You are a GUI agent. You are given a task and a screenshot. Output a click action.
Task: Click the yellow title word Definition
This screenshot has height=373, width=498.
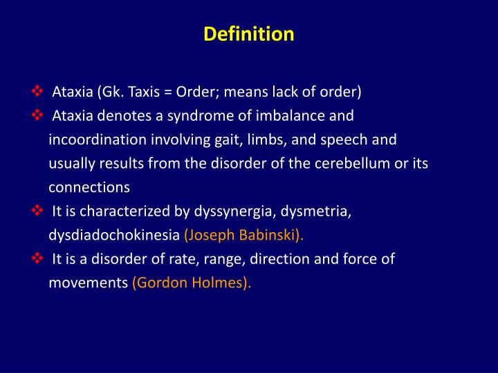tap(249, 34)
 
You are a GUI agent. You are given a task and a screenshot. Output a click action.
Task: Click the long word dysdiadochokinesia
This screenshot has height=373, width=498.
tap(114, 235)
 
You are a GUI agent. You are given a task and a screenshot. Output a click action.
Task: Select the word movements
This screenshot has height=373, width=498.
tap(88, 283)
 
